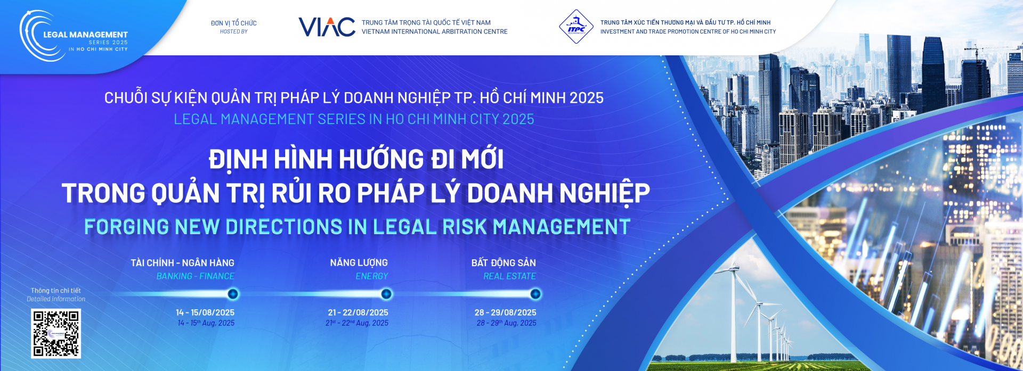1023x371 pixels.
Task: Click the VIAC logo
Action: click(327, 27)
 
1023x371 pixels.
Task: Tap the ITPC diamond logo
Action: click(576, 27)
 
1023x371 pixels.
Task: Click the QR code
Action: click(56, 333)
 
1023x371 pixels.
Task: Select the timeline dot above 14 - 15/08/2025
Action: click(233, 294)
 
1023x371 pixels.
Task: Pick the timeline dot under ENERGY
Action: click(386, 294)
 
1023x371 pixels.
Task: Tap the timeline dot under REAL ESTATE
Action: click(535, 294)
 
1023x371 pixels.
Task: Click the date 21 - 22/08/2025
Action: click(358, 312)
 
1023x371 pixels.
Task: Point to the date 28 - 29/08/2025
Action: click(506, 312)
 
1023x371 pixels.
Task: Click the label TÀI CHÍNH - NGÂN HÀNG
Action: click(182, 263)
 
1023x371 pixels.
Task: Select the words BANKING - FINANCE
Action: click(196, 276)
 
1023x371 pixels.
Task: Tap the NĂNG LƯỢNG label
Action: click(359, 263)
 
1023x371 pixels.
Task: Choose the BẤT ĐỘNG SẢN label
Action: click(504, 263)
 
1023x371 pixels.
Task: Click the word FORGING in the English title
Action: click(127, 227)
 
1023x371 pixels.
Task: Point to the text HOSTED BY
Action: click(234, 32)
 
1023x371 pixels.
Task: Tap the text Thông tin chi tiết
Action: click(56, 291)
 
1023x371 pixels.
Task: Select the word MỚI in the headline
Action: click(482, 159)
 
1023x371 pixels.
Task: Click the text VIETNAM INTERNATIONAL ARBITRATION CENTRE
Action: click(435, 32)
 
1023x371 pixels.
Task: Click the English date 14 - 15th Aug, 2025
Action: click(206, 323)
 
